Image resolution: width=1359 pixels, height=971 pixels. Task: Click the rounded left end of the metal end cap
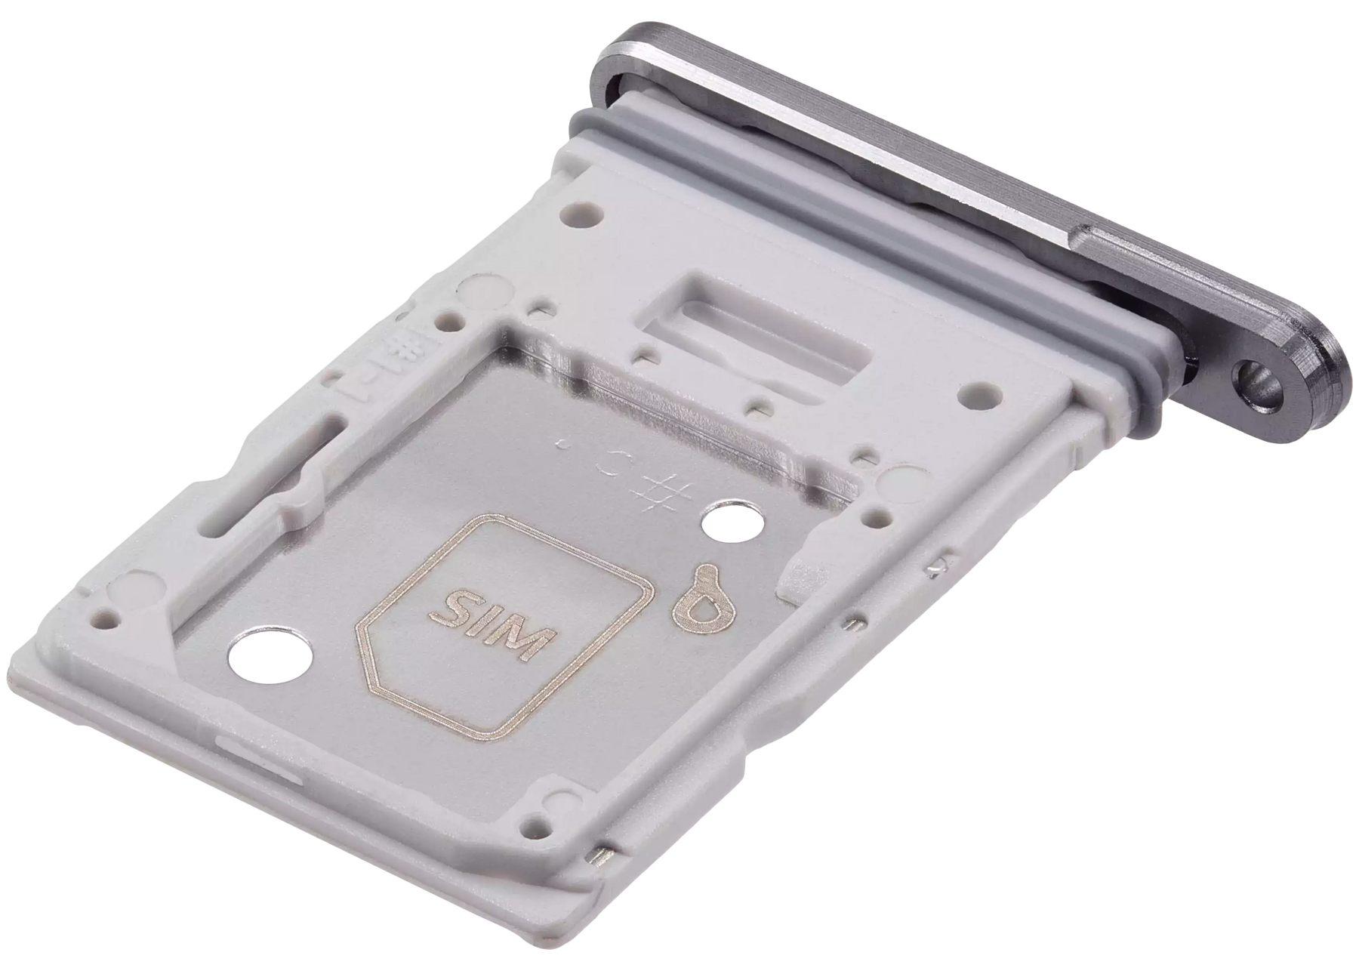click(615, 60)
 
